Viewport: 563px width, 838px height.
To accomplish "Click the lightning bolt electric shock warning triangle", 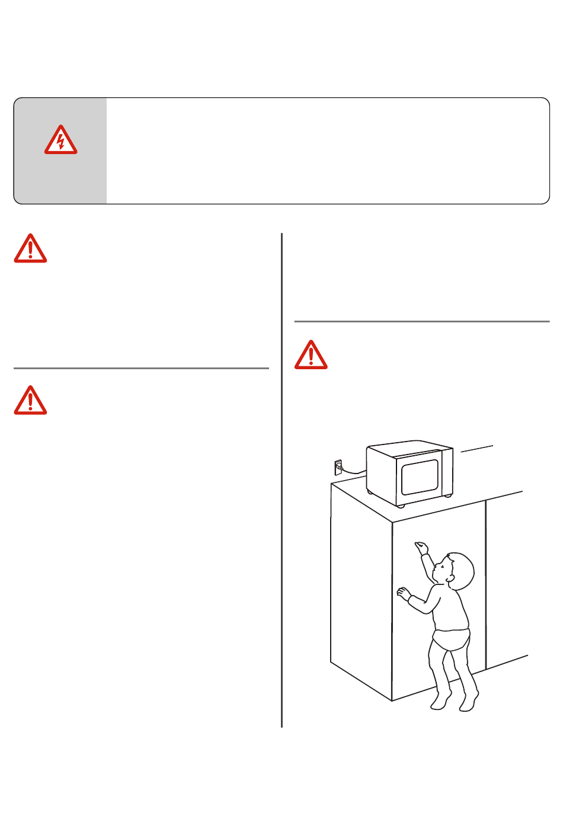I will (x=60, y=141).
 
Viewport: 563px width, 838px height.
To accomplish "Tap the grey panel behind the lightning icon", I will (x=60, y=178).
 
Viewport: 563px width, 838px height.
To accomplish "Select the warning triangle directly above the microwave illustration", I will (x=311, y=355).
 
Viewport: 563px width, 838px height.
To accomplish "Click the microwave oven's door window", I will (x=420, y=477).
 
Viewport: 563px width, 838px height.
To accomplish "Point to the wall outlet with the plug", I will (x=338, y=468).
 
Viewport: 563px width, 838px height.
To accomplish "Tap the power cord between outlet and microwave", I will (x=354, y=472).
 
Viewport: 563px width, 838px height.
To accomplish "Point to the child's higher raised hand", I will (x=421, y=547).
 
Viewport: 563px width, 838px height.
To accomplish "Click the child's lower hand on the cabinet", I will (x=404, y=593).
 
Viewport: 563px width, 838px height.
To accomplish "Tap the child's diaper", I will (x=451, y=640).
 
